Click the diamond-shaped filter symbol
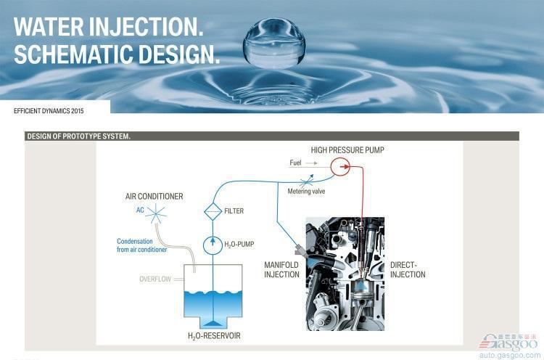(213, 211)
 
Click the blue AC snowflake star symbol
(156, 213)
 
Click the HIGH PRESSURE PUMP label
(347, 150)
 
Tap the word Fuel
(296, 163)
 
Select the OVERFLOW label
(155, 279)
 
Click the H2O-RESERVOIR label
(214, 336)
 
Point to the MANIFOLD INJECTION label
(281, 270)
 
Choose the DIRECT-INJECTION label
(408, 270)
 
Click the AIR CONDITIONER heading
(154, 196)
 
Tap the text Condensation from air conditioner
(142, 245)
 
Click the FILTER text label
(234, 210)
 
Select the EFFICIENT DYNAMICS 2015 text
(49, 111)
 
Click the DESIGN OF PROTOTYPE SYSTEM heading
(79, 136)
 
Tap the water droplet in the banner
(274, 43)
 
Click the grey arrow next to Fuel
(312, 163)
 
